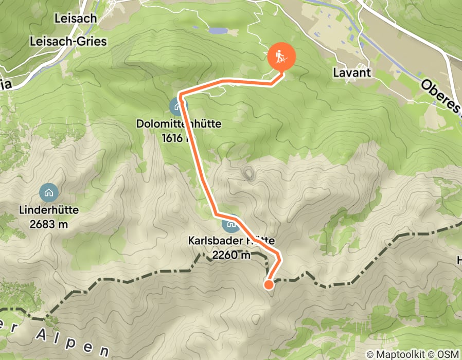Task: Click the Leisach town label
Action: [75, 19]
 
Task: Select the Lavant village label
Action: [352, 72]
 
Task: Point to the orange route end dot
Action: [269, 284]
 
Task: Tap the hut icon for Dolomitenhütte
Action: [178, 106]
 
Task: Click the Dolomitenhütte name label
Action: [179, 124]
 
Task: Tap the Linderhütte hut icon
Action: [49, 193]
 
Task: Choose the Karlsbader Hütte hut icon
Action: [230, 223]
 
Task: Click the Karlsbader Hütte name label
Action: [231, 241]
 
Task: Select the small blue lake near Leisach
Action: [218, 31]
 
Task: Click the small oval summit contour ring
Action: [249, 174]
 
